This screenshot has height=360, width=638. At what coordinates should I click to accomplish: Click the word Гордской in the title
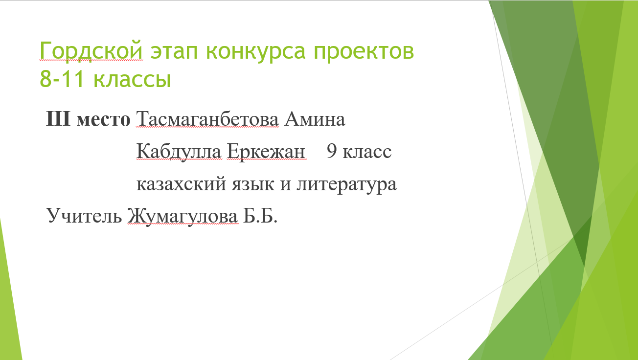click(x=91, y=51)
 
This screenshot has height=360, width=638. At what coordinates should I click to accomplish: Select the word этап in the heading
click(x=174, y=52)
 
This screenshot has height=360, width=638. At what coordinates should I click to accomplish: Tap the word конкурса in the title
click(x=255, y=52)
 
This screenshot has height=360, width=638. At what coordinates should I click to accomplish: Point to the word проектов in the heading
click(x=364, y=52)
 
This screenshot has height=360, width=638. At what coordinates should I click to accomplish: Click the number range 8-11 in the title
click(x=62, y=79)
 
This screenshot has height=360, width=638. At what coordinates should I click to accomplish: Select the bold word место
click(x=103, y=120)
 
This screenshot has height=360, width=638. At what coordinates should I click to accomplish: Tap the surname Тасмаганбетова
click(x=207, y=118)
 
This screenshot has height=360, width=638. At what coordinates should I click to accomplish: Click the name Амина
click(x=315, y=118)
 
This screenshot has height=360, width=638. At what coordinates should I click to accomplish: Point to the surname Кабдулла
click(x=179, y=151)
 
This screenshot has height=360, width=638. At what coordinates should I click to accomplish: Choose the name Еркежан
click(x=266, y=151)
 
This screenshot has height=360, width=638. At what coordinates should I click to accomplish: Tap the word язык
click(x=253, y=184)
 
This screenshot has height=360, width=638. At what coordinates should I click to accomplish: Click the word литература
click(x=346, y=185)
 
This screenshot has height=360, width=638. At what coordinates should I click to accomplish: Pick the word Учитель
click(x=84, y=215)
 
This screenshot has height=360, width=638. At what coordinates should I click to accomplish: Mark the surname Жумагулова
click(x=182, y=216)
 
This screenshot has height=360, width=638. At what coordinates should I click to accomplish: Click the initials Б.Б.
click(x=260, y=215)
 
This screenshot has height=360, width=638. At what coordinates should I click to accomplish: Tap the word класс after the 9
click(x=367, y=152)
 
